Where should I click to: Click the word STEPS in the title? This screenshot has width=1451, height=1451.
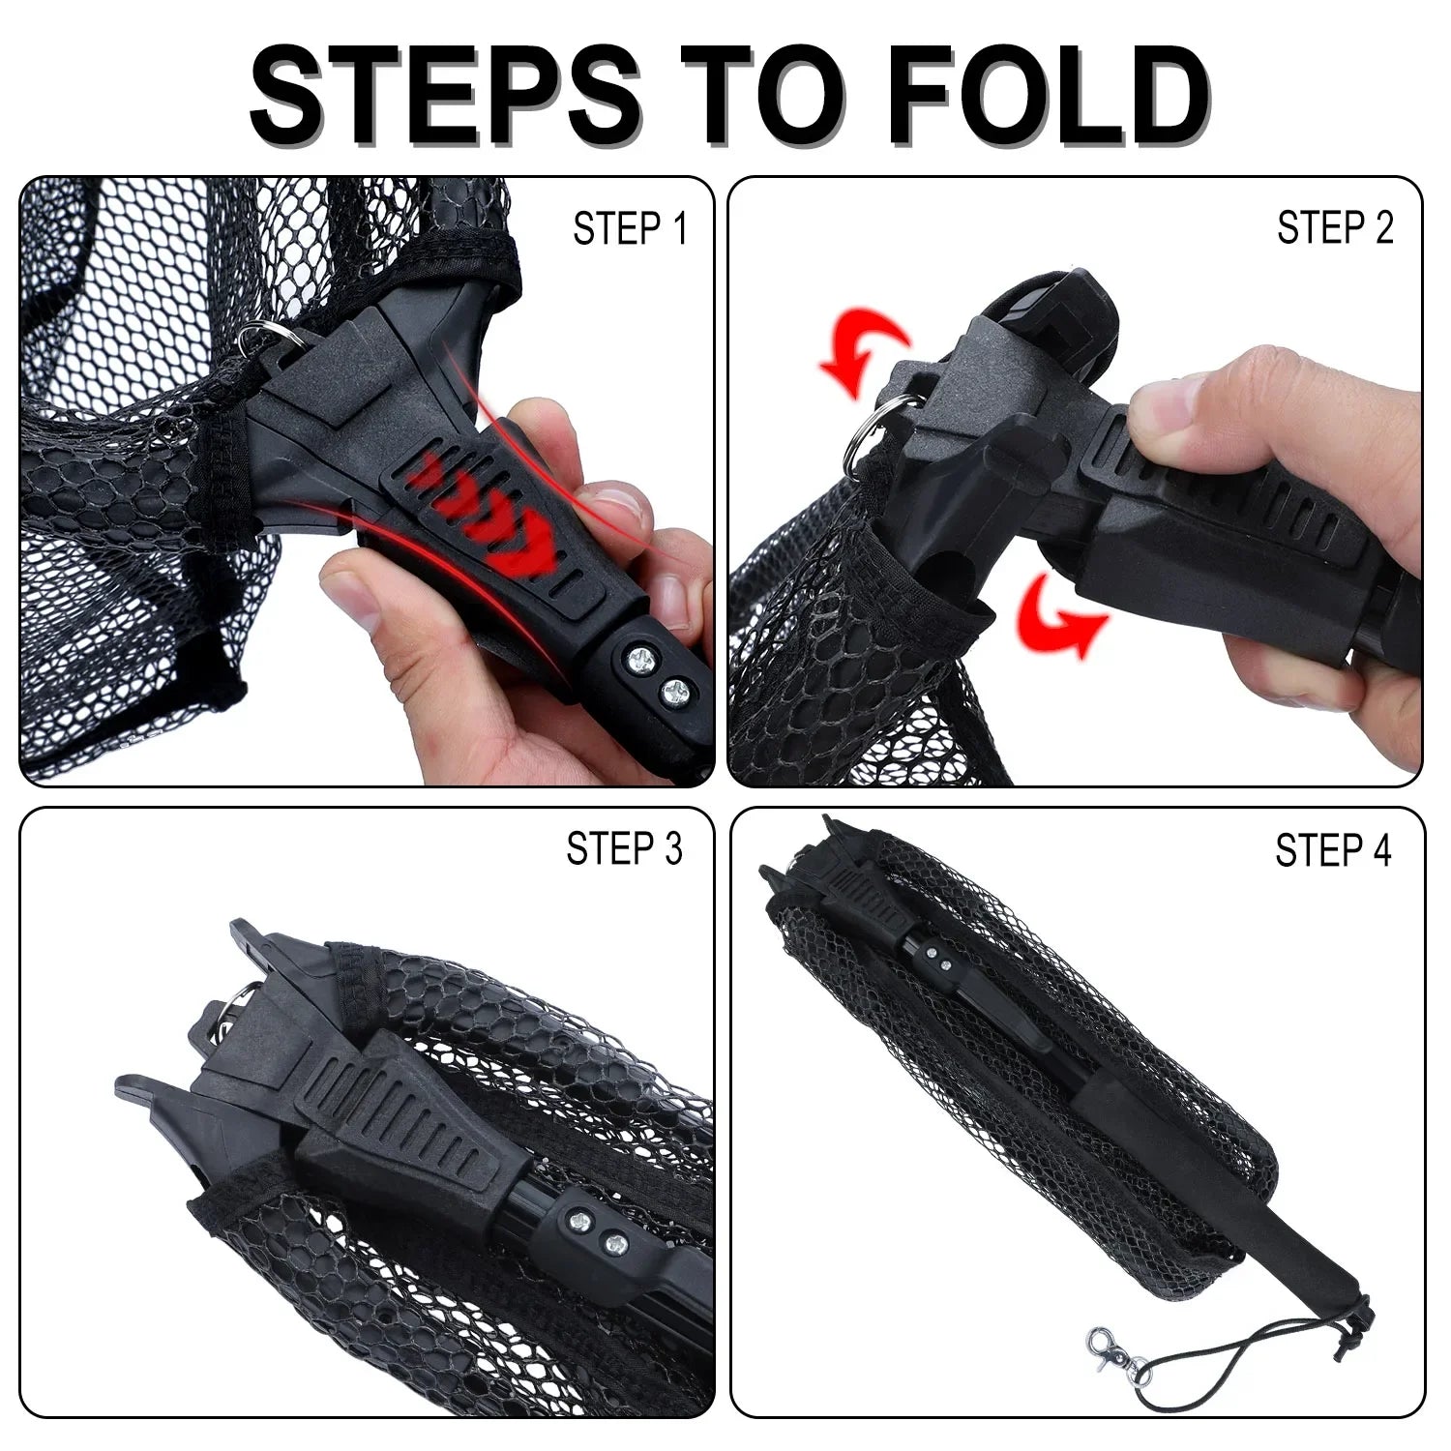click(x=445, y=94)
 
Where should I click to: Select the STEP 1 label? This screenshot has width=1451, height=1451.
click(x=629, y=230)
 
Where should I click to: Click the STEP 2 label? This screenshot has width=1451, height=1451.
click(x=1334, y=228)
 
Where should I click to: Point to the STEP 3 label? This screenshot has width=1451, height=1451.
click(x=624, y=848)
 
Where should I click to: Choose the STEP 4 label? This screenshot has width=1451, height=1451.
click(x=1332, y=851)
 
